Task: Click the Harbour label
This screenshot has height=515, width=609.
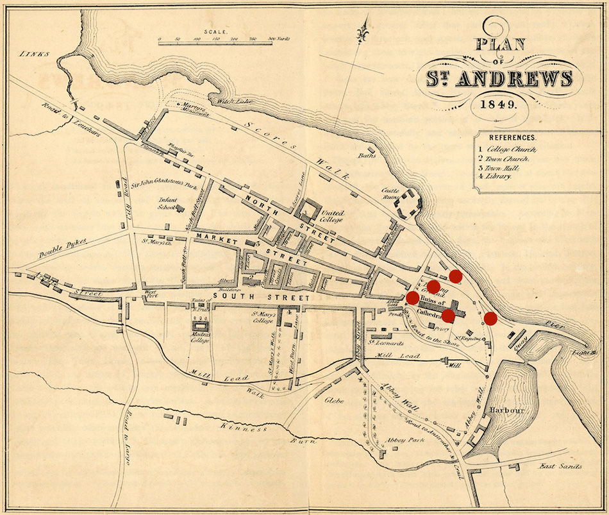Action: click(507, 410)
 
